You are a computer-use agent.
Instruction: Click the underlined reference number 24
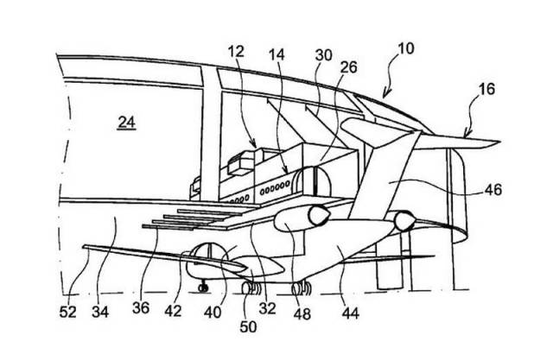click(127, 123)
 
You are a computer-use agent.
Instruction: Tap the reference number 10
click(405, 48)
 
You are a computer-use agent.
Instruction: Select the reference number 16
click(486, 89)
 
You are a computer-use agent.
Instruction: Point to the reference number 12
click(236, 52)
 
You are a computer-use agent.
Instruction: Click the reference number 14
click(276, 55)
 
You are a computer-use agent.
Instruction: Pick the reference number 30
click(323, 55)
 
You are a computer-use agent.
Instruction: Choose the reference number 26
click(348, 67)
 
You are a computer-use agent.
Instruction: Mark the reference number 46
click(493, 190)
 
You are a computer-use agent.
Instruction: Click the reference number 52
click(67, 312)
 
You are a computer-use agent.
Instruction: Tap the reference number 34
click(100, 312)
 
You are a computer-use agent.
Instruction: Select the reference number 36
click(141, 308)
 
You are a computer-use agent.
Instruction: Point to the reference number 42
click(173, 311)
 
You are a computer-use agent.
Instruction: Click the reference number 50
click(248, 326)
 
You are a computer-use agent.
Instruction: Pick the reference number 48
click(302, 313)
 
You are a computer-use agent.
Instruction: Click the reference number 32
click(267, 308)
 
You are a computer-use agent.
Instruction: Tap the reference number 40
click(213, 313)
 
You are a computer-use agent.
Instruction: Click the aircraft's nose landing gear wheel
click(203, 287)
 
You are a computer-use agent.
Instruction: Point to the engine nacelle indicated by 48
click(302, 218)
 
